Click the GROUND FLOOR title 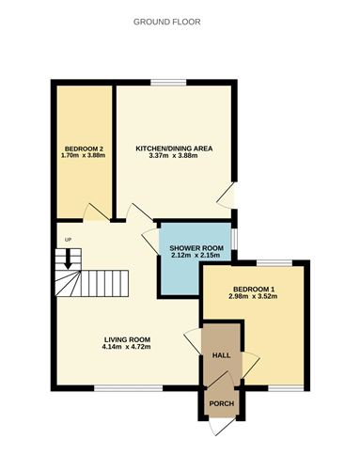[180, 20]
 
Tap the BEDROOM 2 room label [82, 148]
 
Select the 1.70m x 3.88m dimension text [82, 156]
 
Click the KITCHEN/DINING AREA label [174, 148]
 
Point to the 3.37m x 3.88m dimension [174, 156]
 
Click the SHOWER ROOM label [195, 247]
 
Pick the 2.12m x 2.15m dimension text [195, 256]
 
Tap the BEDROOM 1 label [252, 289]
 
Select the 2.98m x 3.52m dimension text [252, 297]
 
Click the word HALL [222, 354]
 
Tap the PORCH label [222, 404]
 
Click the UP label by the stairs [67, 239]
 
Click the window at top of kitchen [174, 84]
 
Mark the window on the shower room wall [234, 239]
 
